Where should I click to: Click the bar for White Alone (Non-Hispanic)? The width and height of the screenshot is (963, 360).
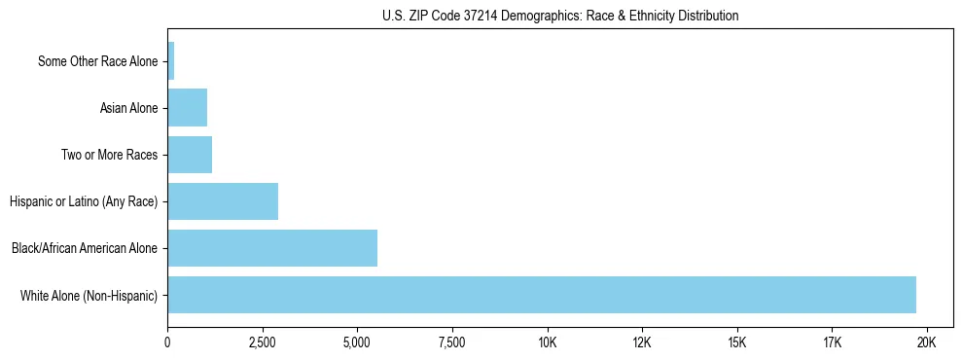[542, 295]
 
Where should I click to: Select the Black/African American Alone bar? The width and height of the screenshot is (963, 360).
[272, 248]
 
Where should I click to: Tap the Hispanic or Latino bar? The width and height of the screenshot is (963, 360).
[223, 201]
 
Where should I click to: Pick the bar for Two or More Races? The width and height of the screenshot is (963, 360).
[190, 155]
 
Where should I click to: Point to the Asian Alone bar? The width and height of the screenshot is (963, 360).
[188, 108]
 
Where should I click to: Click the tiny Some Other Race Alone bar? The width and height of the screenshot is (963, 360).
[171, 61]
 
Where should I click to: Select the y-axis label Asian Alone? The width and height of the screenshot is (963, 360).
[128, 108]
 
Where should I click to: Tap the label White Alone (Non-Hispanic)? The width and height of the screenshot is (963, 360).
[89, 295]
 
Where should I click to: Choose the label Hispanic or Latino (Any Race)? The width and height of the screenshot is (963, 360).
[84, 201]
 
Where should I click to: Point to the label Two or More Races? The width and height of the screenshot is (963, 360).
[109, 155]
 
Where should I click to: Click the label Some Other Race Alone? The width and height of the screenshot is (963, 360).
[97, 61]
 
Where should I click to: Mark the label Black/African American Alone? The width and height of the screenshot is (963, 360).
[85, 248]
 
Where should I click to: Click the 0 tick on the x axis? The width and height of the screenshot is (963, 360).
[168, 342]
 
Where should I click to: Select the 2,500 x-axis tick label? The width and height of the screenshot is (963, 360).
[263, 342]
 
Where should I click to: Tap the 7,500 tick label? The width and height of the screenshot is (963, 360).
[452, 342]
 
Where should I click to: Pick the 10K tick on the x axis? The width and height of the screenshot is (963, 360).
[548, 342]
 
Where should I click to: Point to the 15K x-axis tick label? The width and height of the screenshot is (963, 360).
[737, 342]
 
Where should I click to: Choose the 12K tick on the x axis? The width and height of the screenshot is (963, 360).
[642, 342]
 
